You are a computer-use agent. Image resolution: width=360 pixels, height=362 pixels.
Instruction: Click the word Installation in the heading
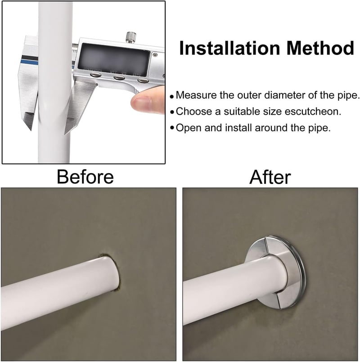229,48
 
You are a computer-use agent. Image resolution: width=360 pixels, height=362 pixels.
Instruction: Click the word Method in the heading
320,48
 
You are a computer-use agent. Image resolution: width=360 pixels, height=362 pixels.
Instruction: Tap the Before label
85,177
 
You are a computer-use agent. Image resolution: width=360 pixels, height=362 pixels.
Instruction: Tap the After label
270,177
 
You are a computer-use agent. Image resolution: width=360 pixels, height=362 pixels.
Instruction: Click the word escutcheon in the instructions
313,112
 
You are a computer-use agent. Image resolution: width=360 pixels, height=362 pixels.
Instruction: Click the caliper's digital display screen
114,59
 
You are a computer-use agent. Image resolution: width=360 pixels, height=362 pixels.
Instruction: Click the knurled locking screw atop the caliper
130,37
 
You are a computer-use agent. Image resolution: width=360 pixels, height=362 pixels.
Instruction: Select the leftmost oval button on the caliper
95,75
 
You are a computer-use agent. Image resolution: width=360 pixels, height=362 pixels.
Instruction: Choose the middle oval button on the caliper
119,77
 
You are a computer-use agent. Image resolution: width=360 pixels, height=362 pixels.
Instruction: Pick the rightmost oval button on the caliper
143,80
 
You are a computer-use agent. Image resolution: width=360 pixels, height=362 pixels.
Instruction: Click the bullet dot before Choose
172,112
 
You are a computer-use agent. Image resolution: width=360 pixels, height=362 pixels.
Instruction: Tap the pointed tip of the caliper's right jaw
65,134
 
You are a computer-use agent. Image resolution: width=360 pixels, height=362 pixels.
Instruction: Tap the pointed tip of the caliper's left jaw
31,130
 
